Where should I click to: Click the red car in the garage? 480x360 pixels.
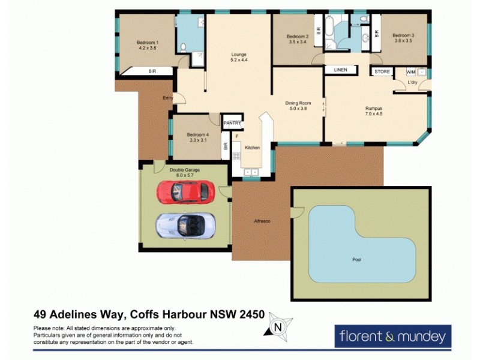pos(185,192)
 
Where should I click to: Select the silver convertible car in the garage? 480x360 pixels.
pos(185,225)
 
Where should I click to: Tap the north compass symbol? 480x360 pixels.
pos(277,327)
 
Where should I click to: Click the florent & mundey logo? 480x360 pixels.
pos(392,336)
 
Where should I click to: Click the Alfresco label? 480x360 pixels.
pos(262,221)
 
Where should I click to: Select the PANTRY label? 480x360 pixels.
pos(232,124)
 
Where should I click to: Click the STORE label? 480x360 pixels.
pos(382,72)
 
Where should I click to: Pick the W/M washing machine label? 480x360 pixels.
pos(411,72)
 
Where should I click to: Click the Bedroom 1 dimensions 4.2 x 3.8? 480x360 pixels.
pos(147,48)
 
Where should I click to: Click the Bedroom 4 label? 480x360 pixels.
pos(197,134)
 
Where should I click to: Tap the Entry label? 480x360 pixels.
pos(167,98)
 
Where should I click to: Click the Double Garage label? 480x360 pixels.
pos(184,170)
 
